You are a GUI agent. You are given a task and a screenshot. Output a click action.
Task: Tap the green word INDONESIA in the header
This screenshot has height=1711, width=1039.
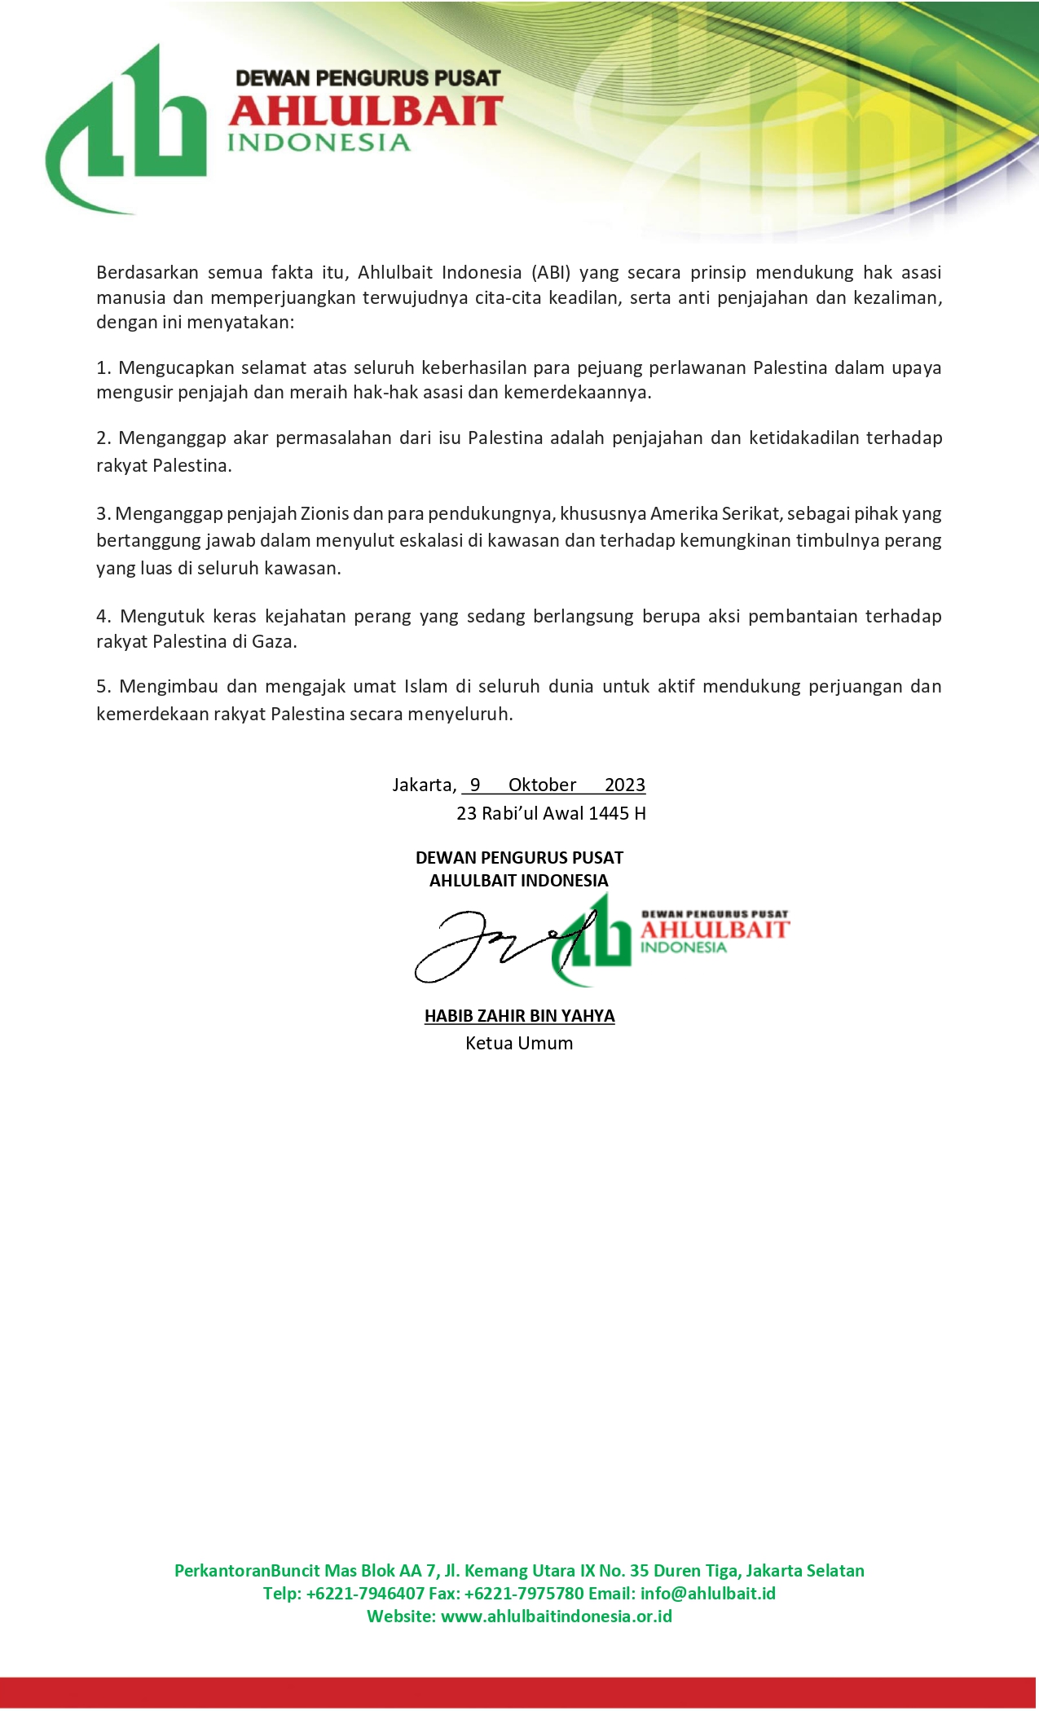[x=318, y=143]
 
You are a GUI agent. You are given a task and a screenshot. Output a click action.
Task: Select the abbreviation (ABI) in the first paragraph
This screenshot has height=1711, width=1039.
[x=550, y=272]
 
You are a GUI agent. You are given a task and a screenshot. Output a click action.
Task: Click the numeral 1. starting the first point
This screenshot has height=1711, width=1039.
[x=103, y=367]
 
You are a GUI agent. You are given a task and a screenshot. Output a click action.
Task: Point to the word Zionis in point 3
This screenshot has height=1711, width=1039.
[x=324, y=514]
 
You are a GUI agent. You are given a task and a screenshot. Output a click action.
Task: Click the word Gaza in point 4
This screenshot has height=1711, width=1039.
[x=273, y=642]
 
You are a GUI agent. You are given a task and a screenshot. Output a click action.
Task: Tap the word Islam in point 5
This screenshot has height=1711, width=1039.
[x=425, y=686]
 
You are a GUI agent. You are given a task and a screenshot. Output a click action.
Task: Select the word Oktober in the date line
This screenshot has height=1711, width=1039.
[x=542, y=785]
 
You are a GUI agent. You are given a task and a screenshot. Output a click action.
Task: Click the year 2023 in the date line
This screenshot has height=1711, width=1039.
[x=625, y=785]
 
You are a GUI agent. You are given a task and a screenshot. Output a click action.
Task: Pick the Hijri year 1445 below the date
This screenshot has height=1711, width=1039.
[x=609, y=813]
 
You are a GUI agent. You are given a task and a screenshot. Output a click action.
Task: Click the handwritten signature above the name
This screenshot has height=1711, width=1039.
[x=489, y=945]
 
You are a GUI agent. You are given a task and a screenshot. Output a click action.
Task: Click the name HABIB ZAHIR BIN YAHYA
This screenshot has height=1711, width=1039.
[x=519, y=1016]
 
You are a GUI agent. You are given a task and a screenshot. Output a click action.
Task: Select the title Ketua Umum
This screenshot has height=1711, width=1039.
[x=519, y=1044]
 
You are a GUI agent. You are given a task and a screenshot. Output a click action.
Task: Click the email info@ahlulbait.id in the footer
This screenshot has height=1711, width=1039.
[x=707, y=1594]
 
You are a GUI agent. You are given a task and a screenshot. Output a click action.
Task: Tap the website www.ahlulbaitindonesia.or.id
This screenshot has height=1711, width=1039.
[x=557, y=1616]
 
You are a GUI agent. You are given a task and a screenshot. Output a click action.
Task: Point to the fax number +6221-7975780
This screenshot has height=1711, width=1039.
[x=524, y=1594]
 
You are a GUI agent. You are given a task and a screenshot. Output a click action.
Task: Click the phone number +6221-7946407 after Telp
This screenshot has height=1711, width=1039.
[x=365, y=1594]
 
